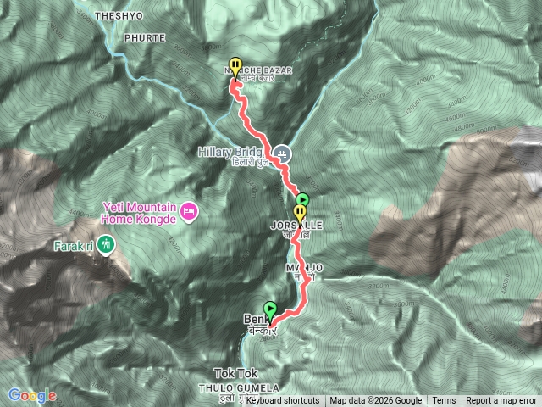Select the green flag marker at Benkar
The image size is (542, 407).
coord(271,309)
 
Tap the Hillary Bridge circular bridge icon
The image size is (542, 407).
coord(284,153)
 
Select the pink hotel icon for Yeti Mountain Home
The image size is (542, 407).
coord(189,209)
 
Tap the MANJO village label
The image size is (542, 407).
coord(306,268)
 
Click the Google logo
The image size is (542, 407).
coord(32,395)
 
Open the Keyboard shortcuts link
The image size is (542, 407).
coord(283,401)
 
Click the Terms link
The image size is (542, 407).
coord(444,401)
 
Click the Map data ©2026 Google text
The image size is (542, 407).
coord(376,401)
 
